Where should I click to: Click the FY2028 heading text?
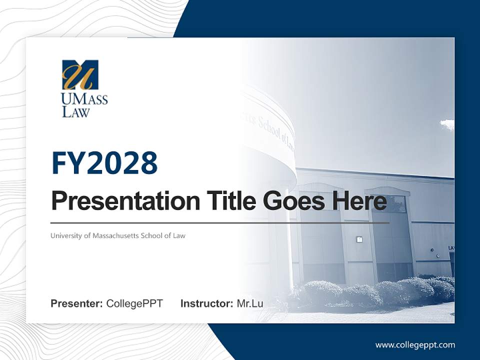[x=104, y=163]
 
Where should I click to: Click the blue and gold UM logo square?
[x=80, y=75]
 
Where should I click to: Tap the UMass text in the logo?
[x=84, y=99]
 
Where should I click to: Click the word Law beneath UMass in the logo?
[x=75, y=111]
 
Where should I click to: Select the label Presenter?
[x=76, y=303]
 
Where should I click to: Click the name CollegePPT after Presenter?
[x=134, y=303]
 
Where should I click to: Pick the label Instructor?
[x=206, y=303]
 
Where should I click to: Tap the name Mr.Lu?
[x=250, y=303]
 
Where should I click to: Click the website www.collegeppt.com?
[x=415, y=345]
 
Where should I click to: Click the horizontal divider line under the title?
[x=220, y=222]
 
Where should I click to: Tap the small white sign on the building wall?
[x=359, y=239]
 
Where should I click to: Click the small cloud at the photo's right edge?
[x=447, y=124]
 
